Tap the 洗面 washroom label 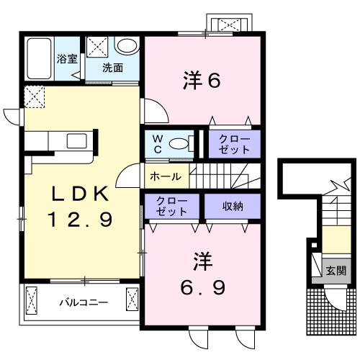click(112, 68)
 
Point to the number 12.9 click(79, 220)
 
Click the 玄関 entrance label click(336, 271)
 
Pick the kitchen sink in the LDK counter click(77, 140)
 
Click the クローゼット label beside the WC click(235, 143)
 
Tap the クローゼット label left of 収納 click(173, 206)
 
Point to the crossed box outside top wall click(230, 24)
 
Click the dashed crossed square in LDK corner click(33, 96)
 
